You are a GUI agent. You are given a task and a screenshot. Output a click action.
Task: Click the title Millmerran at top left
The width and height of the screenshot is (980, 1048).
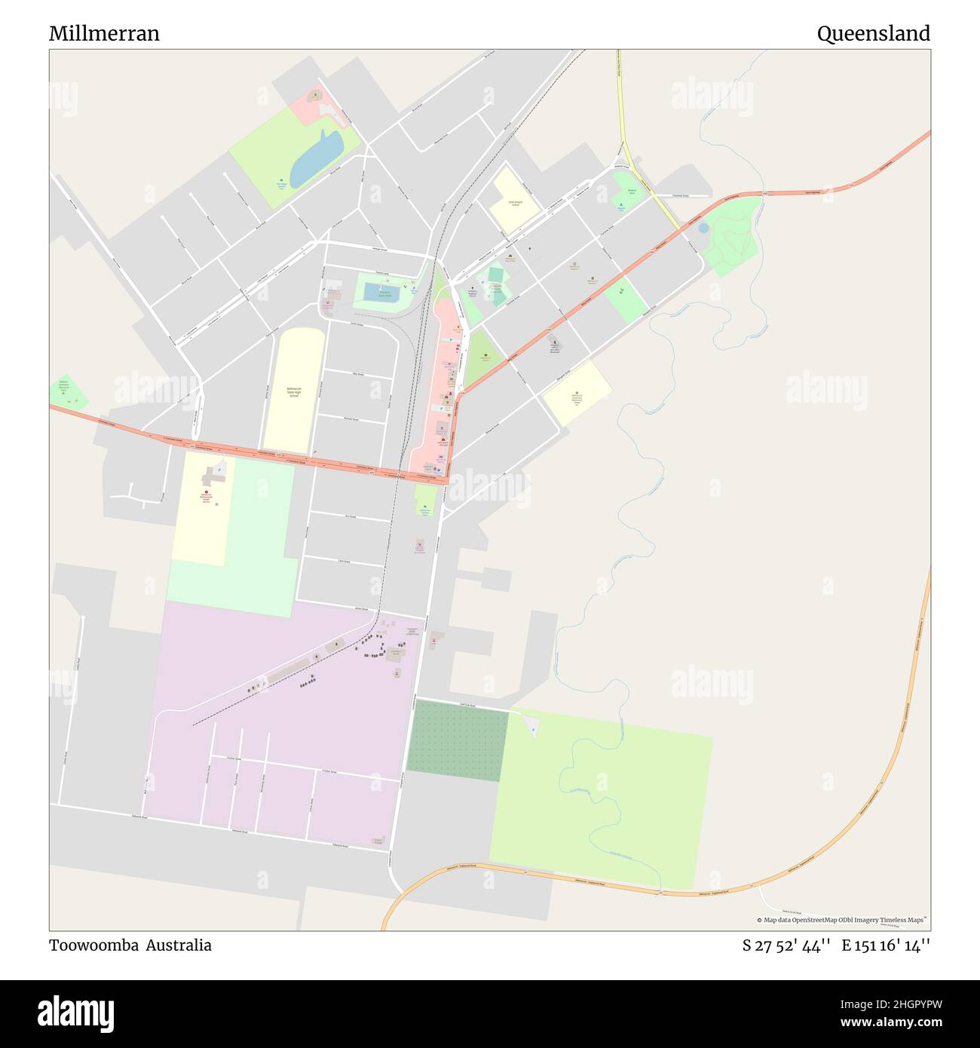pyautogui.click(x=104, y=34)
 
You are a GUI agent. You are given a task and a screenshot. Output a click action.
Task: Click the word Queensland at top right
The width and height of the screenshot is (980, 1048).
pyautogui.click(x=873, y=34)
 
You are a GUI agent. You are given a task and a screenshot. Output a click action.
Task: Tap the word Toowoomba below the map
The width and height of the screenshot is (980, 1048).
pyautogui.click(x=93, y=945)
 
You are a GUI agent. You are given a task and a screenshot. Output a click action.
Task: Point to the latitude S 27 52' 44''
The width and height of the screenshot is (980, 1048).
pyautogui.click(x=786, y=945)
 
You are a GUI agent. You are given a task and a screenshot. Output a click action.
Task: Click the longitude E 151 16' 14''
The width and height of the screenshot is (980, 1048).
pyautogui.click(x=886, y=945)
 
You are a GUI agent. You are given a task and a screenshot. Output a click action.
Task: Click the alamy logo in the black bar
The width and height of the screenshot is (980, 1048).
pyautogui.click(x=76, y=1013)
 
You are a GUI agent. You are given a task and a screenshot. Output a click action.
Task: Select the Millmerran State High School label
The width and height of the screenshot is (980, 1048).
pyautogui.click(x=293, y=391)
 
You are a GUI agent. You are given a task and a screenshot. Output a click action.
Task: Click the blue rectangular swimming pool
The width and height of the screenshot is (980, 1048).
pyautogui.click(x=381, y=293)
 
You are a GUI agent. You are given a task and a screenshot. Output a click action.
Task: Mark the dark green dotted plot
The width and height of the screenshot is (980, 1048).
pyautogui.click(x=457, y=740)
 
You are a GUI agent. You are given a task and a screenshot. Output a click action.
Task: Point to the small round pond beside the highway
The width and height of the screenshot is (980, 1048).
pyautogui.click(x=703, y=228)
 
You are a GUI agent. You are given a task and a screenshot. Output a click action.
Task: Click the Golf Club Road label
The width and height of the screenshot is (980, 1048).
pyautogui.click(x=470, y=704)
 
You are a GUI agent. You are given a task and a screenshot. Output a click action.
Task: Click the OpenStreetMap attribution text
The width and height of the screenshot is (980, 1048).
pyautogui.click(x=842, y=920)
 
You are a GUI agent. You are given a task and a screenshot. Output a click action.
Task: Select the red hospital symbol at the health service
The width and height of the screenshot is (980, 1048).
pyautogui.click(x=207, y=492)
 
